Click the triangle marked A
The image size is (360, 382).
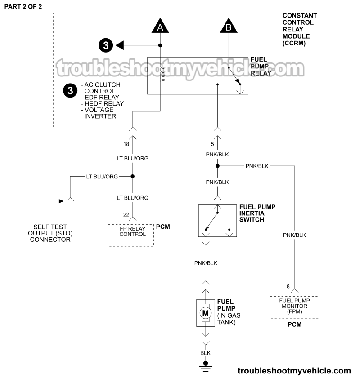pyautogui.click(x=160, y=27)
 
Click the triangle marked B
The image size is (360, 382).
pyautogui.click(x=229, y=27)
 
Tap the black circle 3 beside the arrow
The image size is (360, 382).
pyautogui.click(x=105, y=45)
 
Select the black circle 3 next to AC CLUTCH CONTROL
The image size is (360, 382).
pyautogui.click(x=70, y=91)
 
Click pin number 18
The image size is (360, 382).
pyautogui.click(x=126, y=144)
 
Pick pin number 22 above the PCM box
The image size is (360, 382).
pyautogui.click(x=126, y=215)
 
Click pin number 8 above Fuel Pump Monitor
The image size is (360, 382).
pyautogui.click(x=288, y=287)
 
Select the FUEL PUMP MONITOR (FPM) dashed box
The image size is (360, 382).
pyautogui.click(x=294, y=307)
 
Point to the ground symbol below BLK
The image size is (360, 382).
pyautogui.click(x=206, y=364)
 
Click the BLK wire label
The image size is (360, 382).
pyautogui.click(x=206, y=353)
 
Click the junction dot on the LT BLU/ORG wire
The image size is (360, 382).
pyautogui.click(x=133, y=177)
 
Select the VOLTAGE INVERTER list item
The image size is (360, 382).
pyautogui.click(x=100, y=113)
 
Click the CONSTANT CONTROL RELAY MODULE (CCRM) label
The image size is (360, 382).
pyautogui.click(x=299, y=29)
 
